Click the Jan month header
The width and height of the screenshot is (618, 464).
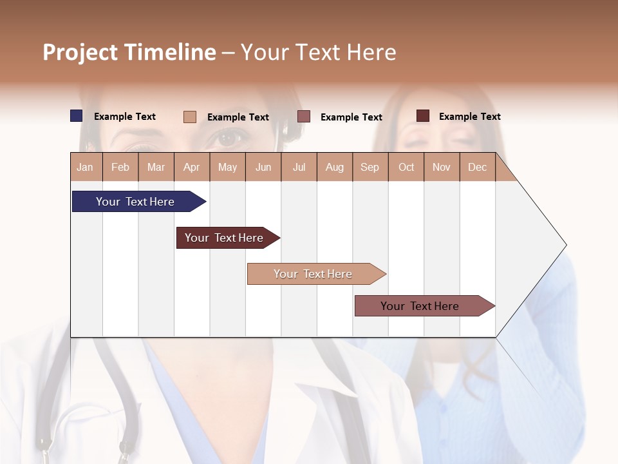86,167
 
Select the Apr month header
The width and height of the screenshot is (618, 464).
192,167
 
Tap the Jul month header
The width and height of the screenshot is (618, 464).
299,167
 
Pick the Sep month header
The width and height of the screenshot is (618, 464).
370,167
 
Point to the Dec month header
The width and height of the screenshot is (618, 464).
477,167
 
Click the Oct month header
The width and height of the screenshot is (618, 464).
406,167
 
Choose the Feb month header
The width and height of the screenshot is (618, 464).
120,167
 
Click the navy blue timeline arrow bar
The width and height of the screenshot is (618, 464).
135,202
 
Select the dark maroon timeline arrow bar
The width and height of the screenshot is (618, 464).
224,238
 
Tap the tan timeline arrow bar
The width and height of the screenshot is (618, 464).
313,274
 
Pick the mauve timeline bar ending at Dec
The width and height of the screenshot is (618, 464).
420,306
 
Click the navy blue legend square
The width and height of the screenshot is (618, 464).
77,116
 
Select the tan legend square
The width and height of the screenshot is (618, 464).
190,117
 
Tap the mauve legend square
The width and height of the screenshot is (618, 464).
304,117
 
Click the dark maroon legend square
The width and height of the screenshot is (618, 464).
423,116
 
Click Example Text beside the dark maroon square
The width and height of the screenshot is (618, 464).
469,117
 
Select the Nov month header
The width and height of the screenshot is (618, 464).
442,167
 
